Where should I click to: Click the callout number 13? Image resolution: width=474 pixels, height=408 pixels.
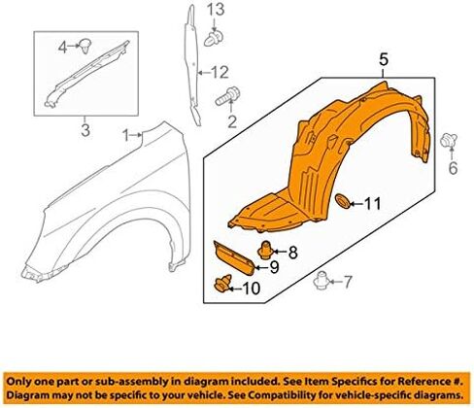point(216,10)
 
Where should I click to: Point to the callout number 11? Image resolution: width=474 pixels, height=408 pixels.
point(375,203)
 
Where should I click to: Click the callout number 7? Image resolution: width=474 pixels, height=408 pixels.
point(343,283)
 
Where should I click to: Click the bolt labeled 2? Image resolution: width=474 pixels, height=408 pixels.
point(231,97)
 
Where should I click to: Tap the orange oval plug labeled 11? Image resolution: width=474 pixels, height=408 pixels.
point(346,202)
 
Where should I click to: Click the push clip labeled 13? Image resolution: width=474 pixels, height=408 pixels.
point(215,36)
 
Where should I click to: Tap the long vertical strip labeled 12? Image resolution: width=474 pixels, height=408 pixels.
point(191,68)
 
